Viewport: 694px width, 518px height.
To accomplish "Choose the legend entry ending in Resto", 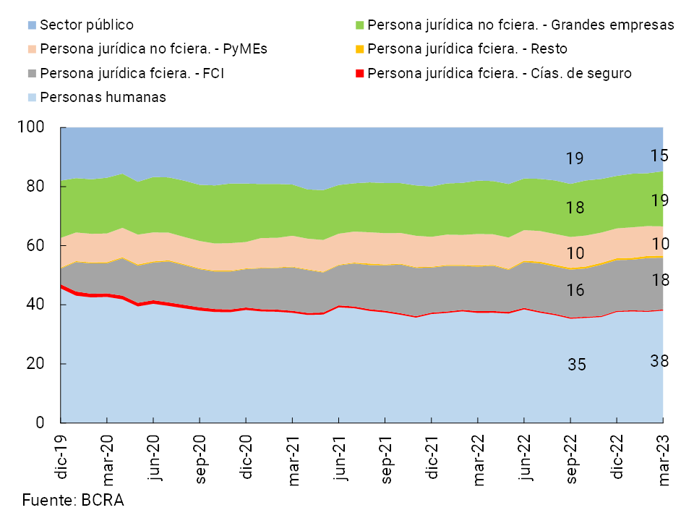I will [x=467, y=49].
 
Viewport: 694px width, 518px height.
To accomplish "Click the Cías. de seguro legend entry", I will [x=500, y=73].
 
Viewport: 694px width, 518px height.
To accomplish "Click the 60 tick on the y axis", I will [x=36, y=246].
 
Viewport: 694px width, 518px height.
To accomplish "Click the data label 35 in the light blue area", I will [x=576, y=365].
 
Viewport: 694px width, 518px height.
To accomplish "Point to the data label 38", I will [x=659, y=360].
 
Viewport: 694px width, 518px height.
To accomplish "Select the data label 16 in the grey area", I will [x=576, y=290].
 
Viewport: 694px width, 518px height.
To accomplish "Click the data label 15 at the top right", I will [x=659, y=156].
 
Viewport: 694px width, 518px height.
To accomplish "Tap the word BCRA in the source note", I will [x=103, y=500].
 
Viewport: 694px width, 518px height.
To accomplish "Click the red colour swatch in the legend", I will [x=359, y=73].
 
